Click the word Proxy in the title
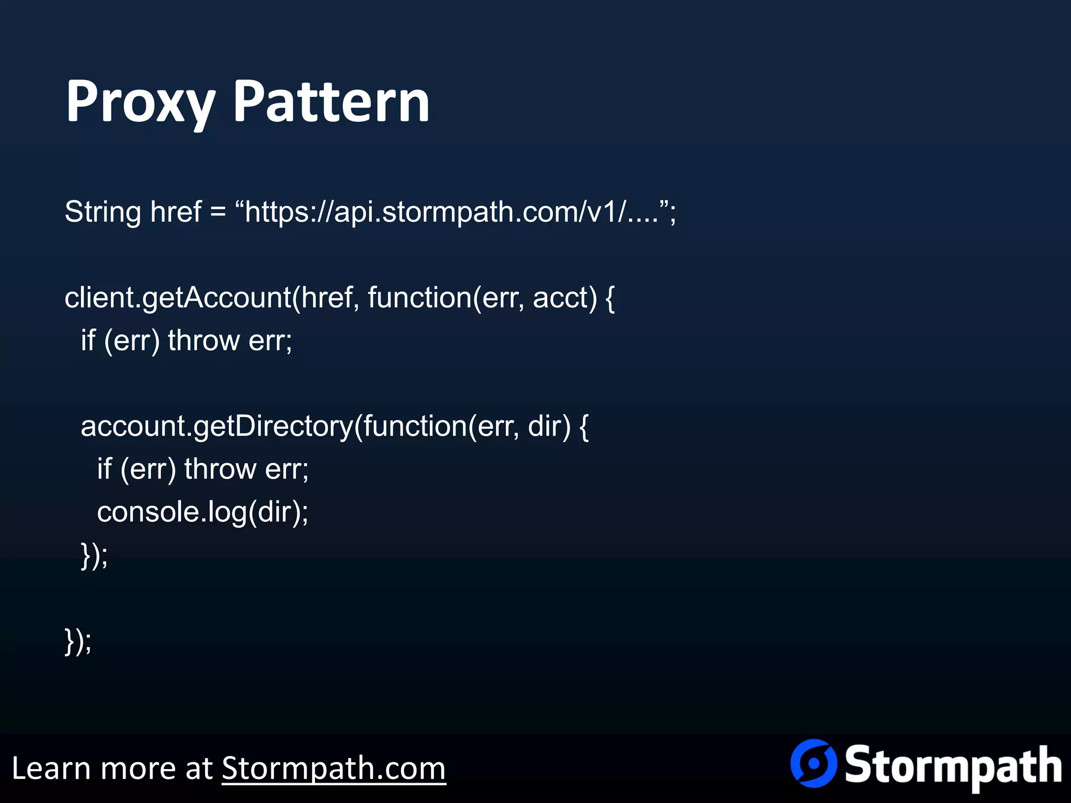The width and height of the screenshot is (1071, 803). pos(140,102)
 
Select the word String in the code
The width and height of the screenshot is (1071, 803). pos(102,212)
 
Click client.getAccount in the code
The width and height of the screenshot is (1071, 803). pos(178,298)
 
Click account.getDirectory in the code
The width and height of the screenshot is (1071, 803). pos(217,427)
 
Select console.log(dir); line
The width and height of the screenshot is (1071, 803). pos(203,512)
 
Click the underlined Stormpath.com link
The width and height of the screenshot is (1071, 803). pos(334,768)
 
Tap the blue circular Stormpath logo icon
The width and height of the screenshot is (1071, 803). pos(813,763)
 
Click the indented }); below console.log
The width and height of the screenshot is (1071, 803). pos(94,555)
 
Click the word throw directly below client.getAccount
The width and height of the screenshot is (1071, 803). pos(204,341)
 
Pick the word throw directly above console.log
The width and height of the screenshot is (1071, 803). pos(220,469)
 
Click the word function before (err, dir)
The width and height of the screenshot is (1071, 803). pos(415,427)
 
